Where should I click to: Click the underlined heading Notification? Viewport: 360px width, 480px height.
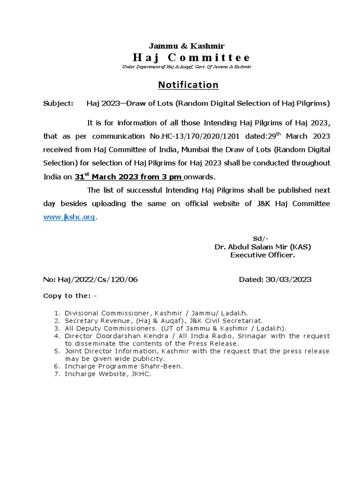pos(188,85)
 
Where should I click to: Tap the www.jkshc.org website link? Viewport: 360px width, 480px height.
pos(69,217)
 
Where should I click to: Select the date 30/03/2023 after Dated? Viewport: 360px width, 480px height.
pos(289,280)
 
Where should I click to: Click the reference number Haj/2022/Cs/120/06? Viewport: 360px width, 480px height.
pos(97,280)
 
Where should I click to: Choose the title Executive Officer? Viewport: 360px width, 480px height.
pos(262,255)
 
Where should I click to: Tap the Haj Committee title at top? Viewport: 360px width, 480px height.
pos(191,58)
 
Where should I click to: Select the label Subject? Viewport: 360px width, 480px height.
pos(58,103)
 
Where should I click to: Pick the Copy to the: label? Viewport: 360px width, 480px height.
pos(70,296)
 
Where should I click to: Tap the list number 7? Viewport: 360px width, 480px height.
pos(56,374)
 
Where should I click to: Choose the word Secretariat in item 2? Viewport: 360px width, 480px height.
pos(225,321)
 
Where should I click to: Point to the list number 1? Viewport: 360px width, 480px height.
pos(56,313)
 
